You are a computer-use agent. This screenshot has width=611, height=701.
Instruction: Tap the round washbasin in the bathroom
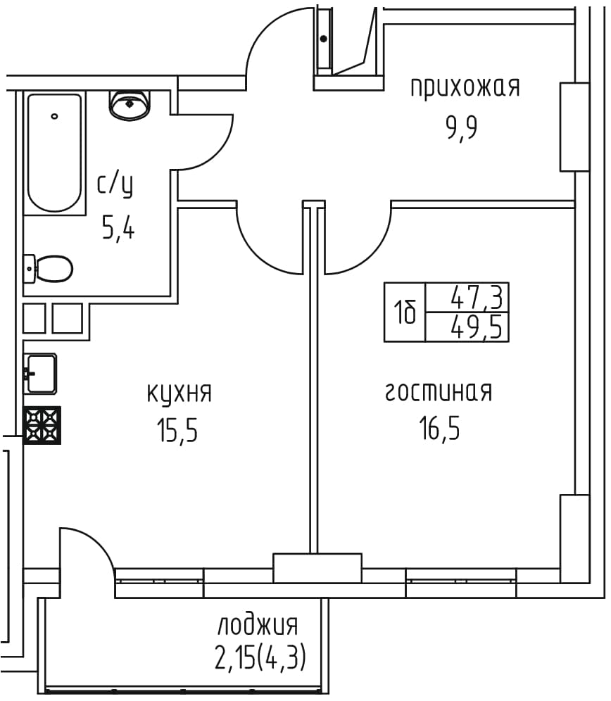click(129, 106)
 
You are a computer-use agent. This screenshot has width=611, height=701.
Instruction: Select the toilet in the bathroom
click(48, 269)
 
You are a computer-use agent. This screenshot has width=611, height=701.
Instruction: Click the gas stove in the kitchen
click(42, 425)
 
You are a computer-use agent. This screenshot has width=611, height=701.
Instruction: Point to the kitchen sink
click(40, 374)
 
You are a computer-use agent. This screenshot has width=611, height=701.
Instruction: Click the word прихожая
click(465, 87)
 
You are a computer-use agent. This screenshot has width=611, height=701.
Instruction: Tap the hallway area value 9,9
click(462, 127)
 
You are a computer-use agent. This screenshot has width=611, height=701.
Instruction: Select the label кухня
click(179, 394)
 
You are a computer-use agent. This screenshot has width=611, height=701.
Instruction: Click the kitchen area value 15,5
click(177, 430)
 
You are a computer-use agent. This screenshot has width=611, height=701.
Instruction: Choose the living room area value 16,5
click(439, 428)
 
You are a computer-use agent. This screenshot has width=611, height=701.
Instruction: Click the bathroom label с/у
click(115, 185)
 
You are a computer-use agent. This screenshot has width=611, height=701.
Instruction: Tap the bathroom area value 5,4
click(118, 229)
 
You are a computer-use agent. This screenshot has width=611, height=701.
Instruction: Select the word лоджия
click(258, 625)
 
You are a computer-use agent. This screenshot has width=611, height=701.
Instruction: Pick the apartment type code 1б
click(405, 312)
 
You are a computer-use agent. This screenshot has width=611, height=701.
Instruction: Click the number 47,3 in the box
click(477, 297)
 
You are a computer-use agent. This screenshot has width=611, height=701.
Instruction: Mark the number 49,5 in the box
click(477, 328)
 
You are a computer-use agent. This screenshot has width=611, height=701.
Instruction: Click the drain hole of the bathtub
click(55, 116)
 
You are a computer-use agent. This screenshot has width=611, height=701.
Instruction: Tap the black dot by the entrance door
click(323, 39)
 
